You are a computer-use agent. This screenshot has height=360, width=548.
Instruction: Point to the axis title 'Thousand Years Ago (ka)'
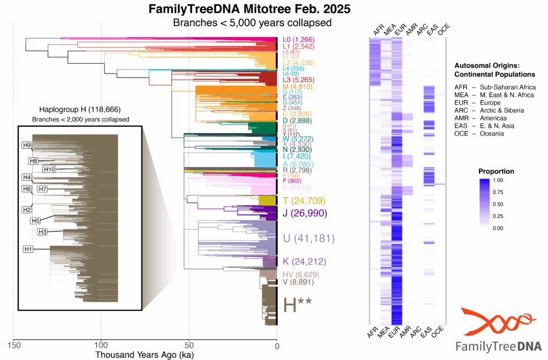coord(144,354)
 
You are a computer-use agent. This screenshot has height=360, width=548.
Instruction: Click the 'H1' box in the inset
coord(28,249)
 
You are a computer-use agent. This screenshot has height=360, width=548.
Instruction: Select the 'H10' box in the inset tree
coord(49,170)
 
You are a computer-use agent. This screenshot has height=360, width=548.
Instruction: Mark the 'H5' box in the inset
coord(36,220)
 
